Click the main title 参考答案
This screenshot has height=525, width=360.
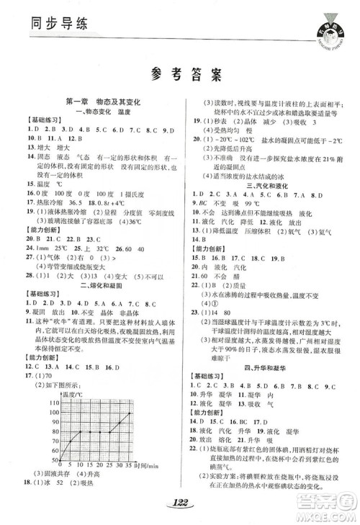(x=180, y=74)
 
